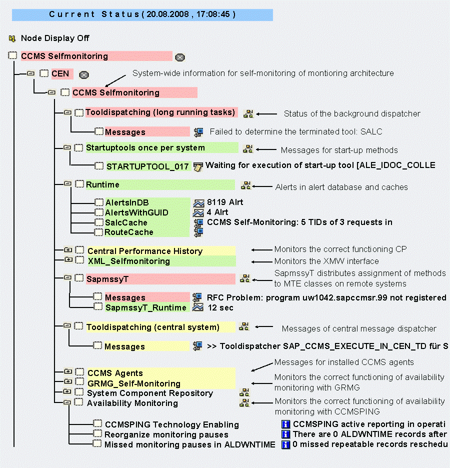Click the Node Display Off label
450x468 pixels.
[x=55, y=38]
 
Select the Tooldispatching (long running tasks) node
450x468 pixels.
[x=160, y=112]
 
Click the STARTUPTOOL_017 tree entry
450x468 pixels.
[x=147, y=166]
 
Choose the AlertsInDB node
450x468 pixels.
[x=127, y=203]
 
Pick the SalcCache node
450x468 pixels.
[x=126, y=222]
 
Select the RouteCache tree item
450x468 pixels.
[x=129, y=232]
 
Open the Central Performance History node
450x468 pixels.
[x=145, y=251]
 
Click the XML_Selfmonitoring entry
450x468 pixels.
[x=129, y=261]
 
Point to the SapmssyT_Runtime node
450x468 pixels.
[x=145, y=307]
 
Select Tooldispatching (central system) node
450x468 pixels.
[x=152, y=327]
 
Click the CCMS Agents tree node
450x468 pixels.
[x=115, y=373]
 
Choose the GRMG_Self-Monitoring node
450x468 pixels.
[x=133, y=383]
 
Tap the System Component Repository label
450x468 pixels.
[x=150, y=393]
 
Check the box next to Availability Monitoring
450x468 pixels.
[x=79, y=402]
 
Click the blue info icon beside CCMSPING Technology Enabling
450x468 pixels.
[x=286, y=424]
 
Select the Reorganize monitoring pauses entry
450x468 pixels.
[x=166, y=434]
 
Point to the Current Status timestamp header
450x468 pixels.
[x=142, y=14]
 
